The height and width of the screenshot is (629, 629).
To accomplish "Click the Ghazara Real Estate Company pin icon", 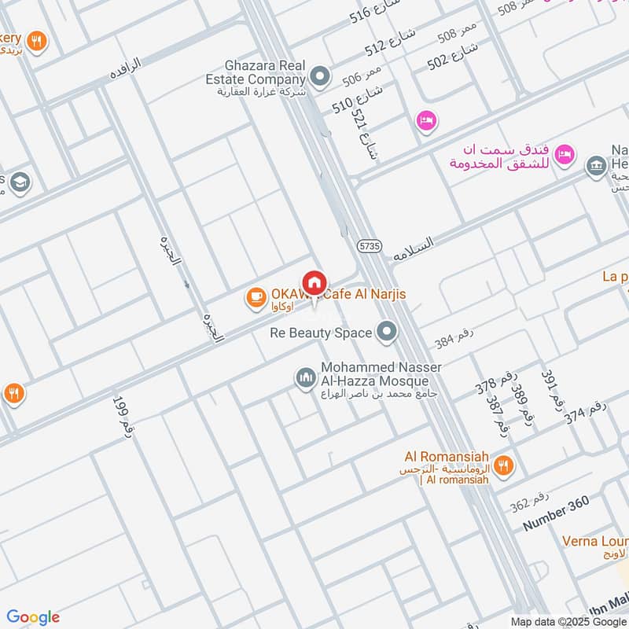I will (319, 76).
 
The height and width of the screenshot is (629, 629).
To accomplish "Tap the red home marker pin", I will (314, 282).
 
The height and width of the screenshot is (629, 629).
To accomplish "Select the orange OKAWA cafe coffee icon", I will (256, 296).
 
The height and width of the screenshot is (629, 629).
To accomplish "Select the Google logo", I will (33, 617).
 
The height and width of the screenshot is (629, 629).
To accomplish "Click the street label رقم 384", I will (454, 339).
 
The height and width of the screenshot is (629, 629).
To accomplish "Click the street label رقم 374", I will (586, 412).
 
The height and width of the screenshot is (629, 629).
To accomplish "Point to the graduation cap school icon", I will (20, 182).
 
